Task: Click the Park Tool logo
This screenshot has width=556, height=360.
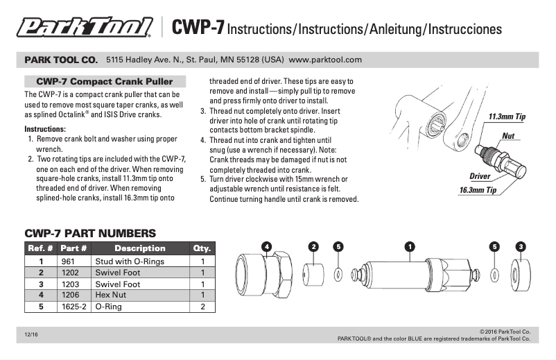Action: click(85, 28)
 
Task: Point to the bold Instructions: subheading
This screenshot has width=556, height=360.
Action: click(45, 129)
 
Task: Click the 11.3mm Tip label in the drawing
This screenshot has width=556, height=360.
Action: click(506, 117)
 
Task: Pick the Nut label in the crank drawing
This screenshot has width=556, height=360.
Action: click(507, 136)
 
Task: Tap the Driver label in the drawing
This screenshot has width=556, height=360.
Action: click(480, 177)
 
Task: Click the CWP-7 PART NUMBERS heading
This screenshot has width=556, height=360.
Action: click(90, 234)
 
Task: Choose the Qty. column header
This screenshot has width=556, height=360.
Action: click(202, 248)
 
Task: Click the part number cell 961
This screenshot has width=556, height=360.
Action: click(69, 262)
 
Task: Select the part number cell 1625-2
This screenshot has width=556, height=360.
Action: click(73, 306)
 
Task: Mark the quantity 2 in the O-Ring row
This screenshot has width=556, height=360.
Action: click(202, 306)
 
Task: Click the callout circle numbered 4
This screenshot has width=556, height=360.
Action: click(266, 246)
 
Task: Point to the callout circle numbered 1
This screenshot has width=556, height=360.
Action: click(409, 246)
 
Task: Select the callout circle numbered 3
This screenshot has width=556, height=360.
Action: click(521, 246)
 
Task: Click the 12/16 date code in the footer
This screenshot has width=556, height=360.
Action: click(31, 335)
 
